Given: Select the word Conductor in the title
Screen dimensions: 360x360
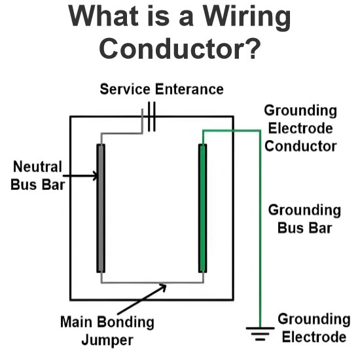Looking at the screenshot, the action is coord(170,48).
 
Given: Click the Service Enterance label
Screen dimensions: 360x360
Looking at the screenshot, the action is coord(162,89).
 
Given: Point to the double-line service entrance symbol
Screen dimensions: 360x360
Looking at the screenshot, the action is coord(152,117).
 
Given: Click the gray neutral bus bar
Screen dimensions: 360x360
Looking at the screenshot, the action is coord(101,208).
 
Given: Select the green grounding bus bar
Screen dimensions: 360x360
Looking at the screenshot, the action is coord(202,208).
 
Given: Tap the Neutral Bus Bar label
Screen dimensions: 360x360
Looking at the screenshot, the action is coord(38,175).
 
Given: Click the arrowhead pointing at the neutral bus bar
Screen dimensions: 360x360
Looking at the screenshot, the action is coord(96,176).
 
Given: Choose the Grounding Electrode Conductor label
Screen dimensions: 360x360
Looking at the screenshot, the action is coord(300,128).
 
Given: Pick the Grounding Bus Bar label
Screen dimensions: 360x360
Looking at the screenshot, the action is coord(304,219).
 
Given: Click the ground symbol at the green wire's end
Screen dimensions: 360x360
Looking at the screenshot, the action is coord(260,334).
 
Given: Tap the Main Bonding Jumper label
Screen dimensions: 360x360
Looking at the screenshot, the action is coord(107,331).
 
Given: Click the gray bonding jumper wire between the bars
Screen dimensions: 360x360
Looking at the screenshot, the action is coord(153,283).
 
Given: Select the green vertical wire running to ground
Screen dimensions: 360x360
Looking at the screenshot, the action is coord(260,229).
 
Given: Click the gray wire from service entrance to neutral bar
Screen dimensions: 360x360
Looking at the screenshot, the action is coord(122,133).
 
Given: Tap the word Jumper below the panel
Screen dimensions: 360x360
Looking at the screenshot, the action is coord(107,340).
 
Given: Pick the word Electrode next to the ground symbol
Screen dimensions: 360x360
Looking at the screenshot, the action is coord(314,337).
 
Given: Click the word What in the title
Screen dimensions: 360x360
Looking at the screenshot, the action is coord(103,16).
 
